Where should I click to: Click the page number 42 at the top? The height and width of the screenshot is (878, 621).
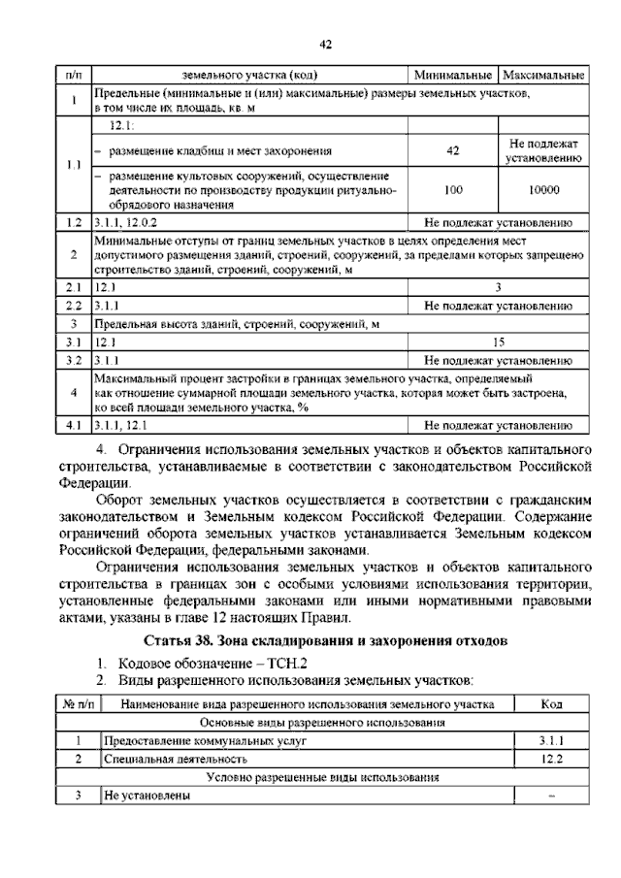point(326,44)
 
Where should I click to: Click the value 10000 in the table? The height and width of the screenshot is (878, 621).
point(543,190)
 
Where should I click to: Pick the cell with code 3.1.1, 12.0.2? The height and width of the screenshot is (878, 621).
point(129,222)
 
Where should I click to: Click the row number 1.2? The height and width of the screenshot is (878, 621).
point(73,222)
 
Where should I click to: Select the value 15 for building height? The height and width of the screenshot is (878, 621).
point(498,341)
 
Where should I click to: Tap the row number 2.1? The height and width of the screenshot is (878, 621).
point(73,287)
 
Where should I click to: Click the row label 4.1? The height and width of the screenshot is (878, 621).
point(73,425)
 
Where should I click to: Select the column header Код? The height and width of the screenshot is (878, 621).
point(550,704)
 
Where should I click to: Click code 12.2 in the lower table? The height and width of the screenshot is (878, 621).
point(550,760)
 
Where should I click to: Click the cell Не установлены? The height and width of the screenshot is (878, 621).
point(147,797)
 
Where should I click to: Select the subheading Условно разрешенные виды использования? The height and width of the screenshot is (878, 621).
point(322,778)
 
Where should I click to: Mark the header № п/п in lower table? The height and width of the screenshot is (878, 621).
point(76,704)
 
